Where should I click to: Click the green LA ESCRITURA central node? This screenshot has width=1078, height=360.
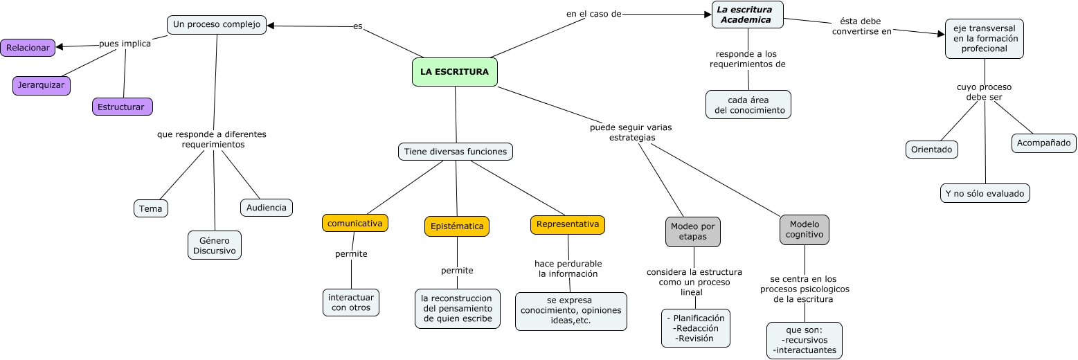pos(454,72)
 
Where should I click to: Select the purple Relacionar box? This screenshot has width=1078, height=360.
pos(28,48)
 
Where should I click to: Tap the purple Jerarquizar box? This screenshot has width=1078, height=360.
pos(42,85)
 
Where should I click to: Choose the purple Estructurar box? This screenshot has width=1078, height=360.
pos(122,107)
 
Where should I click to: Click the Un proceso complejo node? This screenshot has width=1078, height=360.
pos(217,25)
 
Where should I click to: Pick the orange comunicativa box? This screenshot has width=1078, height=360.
pos(355,223)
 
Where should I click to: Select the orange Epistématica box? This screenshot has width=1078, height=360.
pos(457,226)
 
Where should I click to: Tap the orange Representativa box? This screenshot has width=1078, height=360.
pos(568,224)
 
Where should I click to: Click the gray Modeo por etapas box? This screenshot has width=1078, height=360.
pos(693,232)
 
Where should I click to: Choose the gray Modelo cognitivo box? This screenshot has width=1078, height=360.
pos(805,230)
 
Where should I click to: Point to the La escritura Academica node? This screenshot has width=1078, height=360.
pos(747,15)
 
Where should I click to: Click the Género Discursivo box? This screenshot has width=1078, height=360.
pos(215,245)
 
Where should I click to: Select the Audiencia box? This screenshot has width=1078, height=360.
pos(267,208)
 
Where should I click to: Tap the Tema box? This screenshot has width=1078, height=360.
pos(151,208)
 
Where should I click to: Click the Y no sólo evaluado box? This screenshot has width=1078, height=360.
pos(985,193)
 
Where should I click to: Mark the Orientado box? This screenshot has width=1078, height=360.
pos(931,150)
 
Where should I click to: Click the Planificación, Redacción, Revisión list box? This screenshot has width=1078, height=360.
pos(695,328)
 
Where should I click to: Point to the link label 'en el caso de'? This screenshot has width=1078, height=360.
pos(593,13)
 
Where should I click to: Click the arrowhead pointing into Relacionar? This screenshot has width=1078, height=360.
pos(60,47)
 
